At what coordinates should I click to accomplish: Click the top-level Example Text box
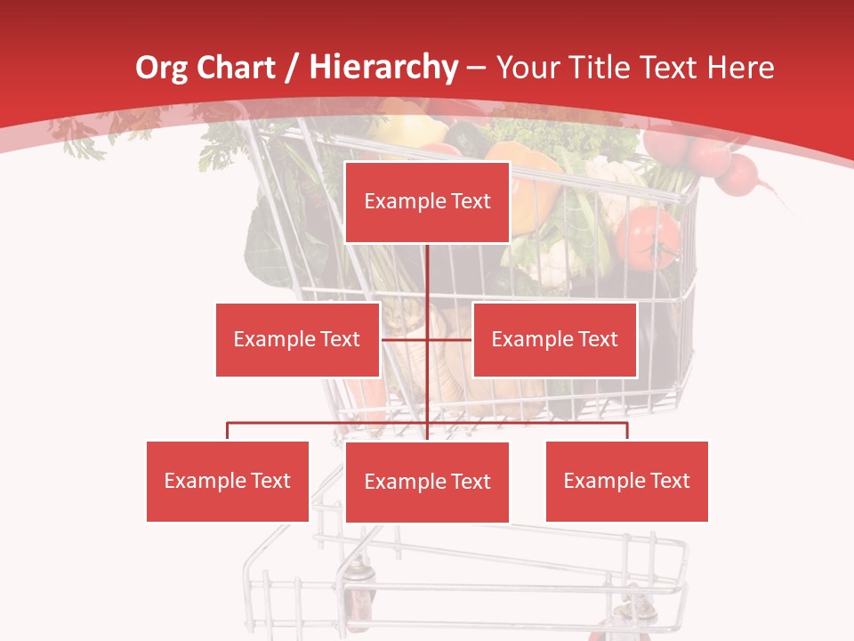(x=427, y=202)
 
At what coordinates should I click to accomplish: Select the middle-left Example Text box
(x=297, y=339)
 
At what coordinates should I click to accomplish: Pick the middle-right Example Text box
(x=554, y=339)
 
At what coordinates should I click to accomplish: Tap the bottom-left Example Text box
(x=227, y=481)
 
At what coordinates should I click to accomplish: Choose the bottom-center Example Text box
(x=427, y=482)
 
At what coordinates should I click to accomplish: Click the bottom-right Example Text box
(x=626, y=481)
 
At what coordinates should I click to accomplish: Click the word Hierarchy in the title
(x=383, y=67)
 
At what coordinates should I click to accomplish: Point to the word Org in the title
(x=161, y=67)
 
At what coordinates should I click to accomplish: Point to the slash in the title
(x=292, y=68)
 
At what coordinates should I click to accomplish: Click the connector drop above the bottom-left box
(x=228, y=432)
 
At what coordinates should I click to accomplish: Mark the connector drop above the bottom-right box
(x=627, y=432)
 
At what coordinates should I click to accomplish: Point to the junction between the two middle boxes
(x=428, y=339)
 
